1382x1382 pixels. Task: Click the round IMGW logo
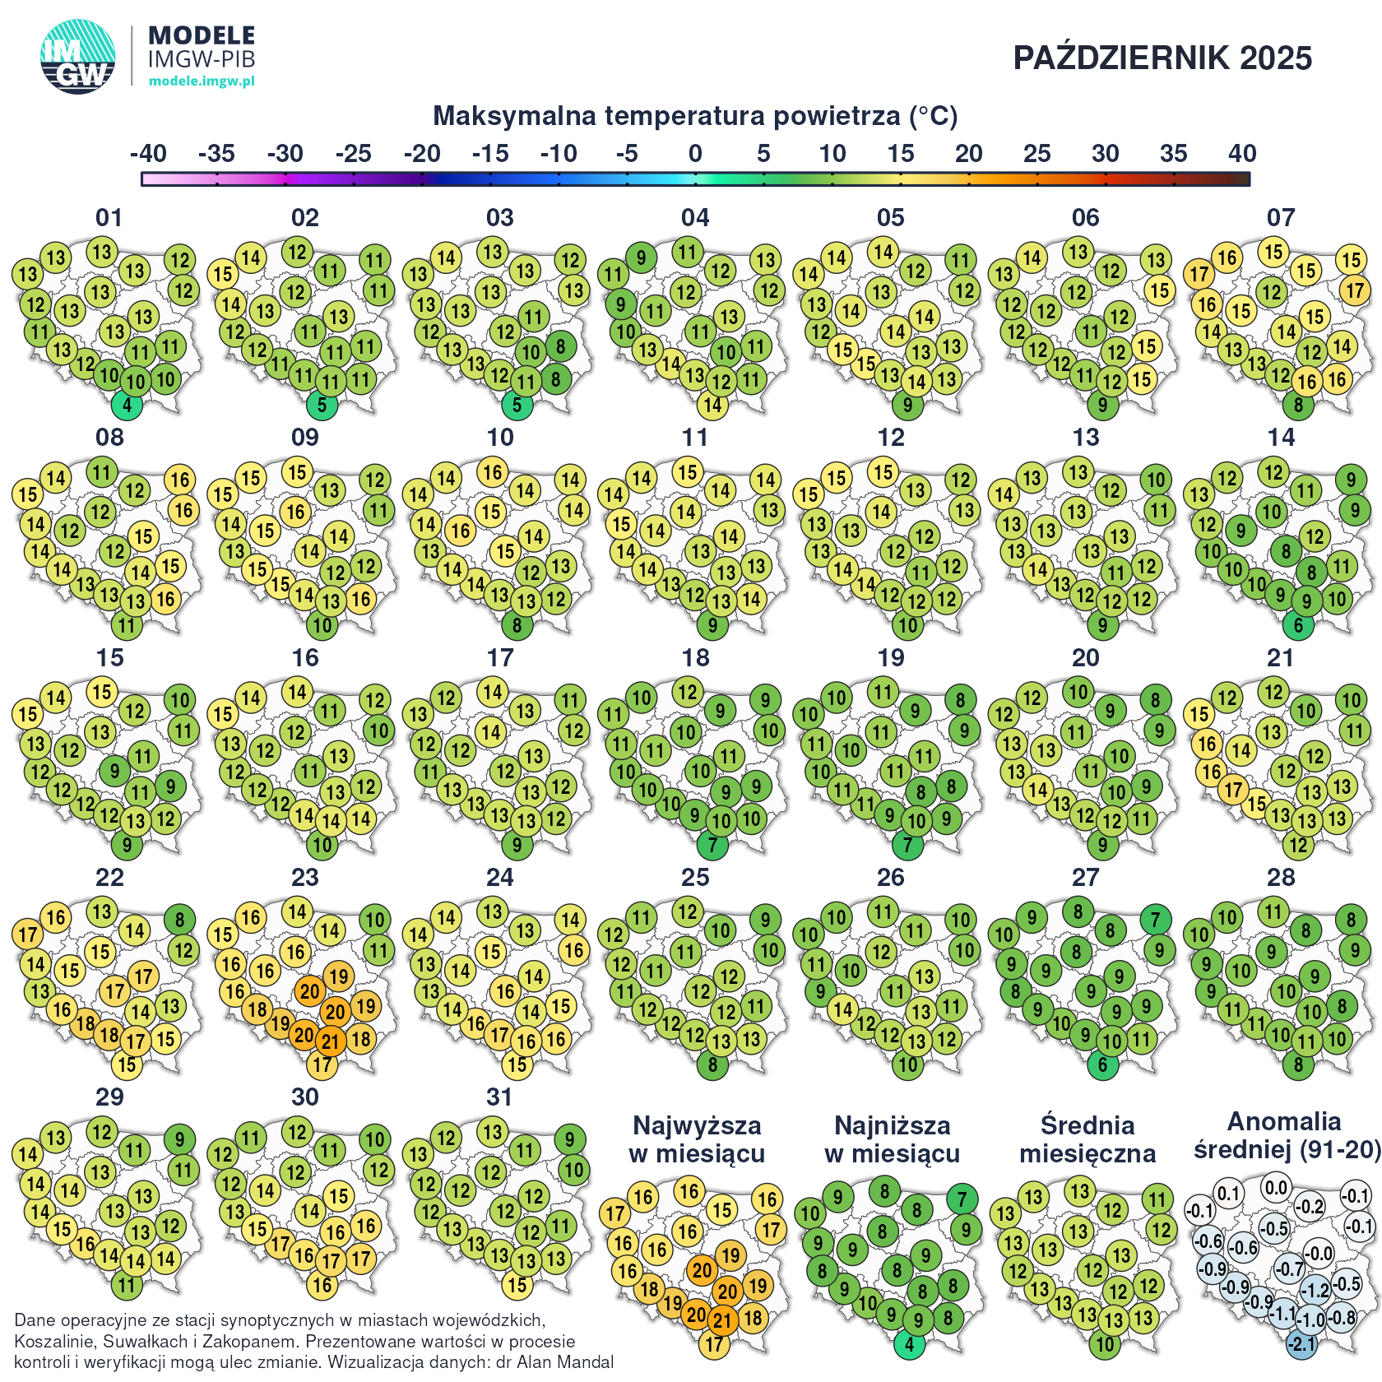[x=78, y=56]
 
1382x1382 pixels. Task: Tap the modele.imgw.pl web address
[x=202, y=81]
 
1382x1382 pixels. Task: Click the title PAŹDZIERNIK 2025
[x=1162, y=58]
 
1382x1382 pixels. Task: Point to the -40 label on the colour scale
[x=148, y=154]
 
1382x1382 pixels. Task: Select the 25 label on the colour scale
[x=1036, y=154]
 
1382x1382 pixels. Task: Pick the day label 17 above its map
[x=500, y=658]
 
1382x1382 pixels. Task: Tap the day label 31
[x=500, y=1097]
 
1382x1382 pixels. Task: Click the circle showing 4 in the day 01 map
[x=127, y=405]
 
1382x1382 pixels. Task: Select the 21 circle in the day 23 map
[x=331, y=1041]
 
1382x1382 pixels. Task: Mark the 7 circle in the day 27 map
[x=1156, y=920]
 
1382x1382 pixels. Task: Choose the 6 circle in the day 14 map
[x=1298, y=625]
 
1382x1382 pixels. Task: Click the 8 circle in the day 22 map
[x=179, y=920]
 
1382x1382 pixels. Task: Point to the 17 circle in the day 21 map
[x=1233, y=791]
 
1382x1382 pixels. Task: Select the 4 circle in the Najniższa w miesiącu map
[x=909, y=1345]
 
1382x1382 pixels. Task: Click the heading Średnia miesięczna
[x=1088, y=1139]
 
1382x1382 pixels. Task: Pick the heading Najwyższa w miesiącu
[x=697, y=1139]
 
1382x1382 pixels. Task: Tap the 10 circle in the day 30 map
[x=375, y=1139]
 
